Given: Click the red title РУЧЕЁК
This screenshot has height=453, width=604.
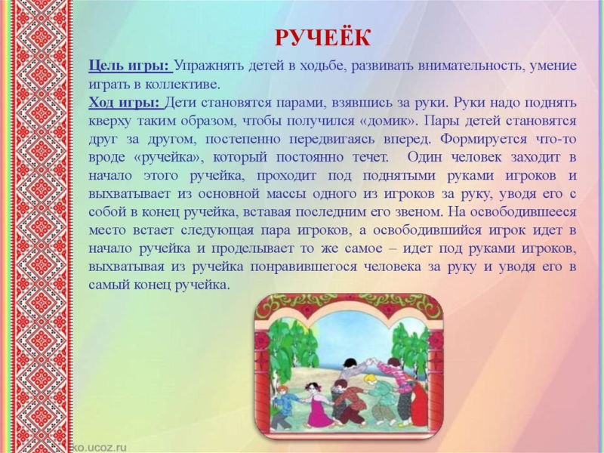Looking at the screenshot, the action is (x=323, y=37).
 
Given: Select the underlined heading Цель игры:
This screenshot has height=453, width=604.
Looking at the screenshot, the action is (x=130, y=66).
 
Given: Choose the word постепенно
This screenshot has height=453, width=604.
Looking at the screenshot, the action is (x=242, y=140).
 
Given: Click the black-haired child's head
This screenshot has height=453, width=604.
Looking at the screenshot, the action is (x=350, y=363).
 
